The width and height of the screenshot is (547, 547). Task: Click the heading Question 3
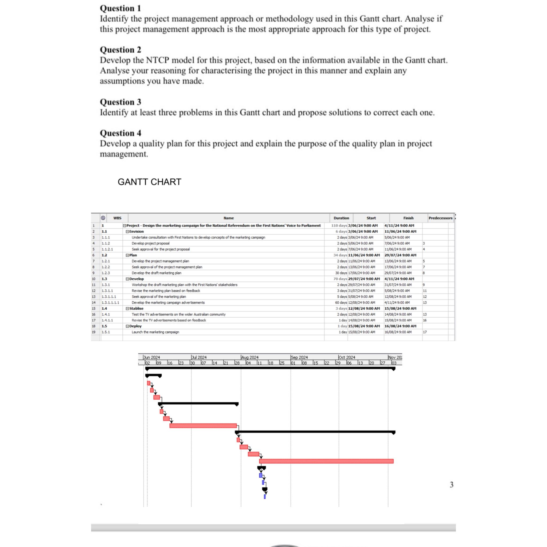tap(120, 102)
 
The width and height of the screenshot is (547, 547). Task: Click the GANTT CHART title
tap(149, 182)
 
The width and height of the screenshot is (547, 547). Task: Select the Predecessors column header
tap(440, 218)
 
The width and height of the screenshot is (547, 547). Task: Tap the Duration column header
tap(341, 218)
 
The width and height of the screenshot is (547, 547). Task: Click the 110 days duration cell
tap(339, 226)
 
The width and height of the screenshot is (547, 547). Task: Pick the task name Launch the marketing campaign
tap(155, 332)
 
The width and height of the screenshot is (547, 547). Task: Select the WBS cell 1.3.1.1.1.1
tap(110, 303)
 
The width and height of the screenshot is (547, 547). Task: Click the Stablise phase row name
tap(136, 308)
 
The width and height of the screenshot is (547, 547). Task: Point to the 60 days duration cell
tap(341, 303)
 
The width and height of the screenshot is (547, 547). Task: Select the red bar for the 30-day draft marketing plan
tap(203, 425)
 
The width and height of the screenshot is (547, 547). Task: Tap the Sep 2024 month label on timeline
tap(299, 357)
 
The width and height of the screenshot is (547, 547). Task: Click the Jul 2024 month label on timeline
tap(199, 357)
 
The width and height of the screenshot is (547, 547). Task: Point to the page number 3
tap(451, 485)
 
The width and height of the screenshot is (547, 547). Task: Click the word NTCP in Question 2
tap(157, 60)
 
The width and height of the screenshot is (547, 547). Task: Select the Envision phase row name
tap(136, 232)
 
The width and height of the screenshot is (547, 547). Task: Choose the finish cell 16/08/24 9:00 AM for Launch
tap(398, 332)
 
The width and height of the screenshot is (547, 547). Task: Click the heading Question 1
tap(120, 8)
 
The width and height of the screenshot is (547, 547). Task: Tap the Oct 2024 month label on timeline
tap(347, 357)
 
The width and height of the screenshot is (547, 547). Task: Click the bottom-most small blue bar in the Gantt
tap(265, 496)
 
